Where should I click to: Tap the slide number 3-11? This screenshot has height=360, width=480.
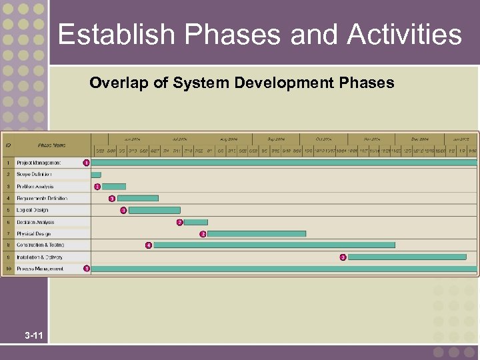coord(34,335)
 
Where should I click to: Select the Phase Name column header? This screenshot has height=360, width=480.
coord(51,145)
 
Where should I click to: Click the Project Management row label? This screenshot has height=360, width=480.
coord(39,163)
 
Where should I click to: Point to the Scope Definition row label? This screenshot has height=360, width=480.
coord(34,175)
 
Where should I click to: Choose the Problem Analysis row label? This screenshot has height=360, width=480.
coord(35,187)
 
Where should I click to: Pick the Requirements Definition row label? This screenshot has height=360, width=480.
coord(42,198)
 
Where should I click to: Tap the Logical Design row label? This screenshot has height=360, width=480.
coord(33,210)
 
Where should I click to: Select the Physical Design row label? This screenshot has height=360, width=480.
coord(34,234)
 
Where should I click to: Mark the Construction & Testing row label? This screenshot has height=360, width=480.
coord(41,245)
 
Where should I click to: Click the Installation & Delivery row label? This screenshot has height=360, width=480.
coord(40,257)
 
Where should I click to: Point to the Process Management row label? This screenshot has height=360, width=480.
coord(40,269)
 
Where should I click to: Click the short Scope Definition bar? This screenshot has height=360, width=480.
coord(96,175)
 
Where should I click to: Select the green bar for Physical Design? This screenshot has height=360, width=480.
coord(257,234)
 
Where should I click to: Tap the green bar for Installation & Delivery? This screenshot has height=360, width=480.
coord(407,257)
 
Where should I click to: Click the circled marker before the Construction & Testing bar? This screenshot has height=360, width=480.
coord(148,245)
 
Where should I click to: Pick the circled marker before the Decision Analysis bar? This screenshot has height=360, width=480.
coord(179,222)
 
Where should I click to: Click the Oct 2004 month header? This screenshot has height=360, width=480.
coord(323,139)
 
